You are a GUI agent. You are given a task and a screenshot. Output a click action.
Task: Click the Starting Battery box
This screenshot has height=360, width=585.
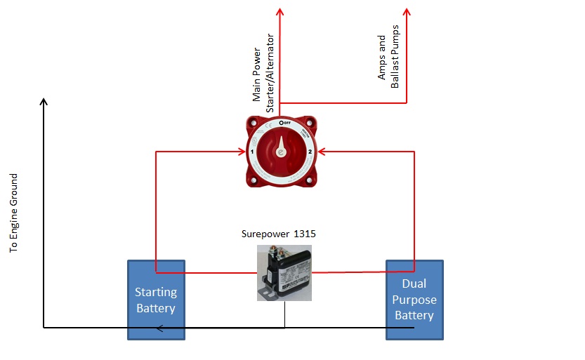click(156, 300)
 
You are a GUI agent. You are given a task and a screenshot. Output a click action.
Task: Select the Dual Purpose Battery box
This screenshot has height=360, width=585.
click(415, 300)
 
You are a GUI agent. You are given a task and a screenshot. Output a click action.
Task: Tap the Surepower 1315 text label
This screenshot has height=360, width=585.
click(277, 234)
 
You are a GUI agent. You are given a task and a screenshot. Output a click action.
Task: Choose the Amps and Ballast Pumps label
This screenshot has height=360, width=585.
click(388, 62)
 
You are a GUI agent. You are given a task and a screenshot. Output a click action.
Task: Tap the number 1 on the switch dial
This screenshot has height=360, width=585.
click(251, 152)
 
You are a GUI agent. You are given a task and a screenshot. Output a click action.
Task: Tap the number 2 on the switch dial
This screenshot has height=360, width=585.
click(310, 152)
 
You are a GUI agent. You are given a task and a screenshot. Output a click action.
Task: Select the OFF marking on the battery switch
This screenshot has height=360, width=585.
click(286, 122)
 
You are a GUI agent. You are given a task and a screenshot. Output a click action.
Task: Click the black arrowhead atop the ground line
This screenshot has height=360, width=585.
click(44, 103)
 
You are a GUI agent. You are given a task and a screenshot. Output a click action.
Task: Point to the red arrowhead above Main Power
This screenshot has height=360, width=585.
click(280, 12)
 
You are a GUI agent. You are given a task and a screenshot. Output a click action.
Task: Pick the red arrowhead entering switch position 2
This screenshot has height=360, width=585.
click(322, 150)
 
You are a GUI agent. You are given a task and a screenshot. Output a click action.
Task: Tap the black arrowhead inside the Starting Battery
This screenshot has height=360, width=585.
click(160, 328)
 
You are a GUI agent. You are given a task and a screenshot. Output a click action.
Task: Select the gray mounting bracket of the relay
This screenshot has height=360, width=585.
click(266, 288)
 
